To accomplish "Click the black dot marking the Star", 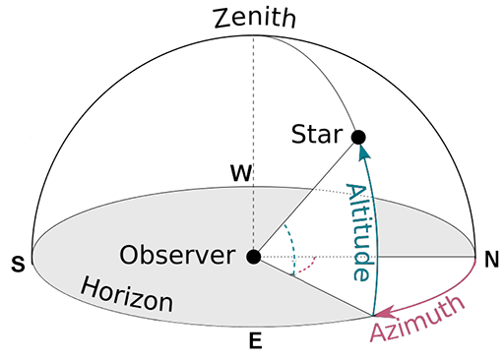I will tap(359, 137).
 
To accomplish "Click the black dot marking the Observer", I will tap(254, 257).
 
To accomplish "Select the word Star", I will tap(317, 136).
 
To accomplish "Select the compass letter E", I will tap(256, 342).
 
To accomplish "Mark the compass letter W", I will tap(240, 174).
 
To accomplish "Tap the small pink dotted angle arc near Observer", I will tap(311, 265).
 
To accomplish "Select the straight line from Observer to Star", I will tap(305, 198).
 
